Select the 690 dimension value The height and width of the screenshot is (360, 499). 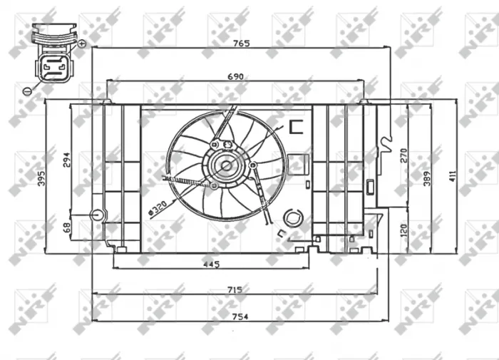236,76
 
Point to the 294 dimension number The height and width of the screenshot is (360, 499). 67,160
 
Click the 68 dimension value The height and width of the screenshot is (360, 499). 67,228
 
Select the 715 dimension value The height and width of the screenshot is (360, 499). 235,289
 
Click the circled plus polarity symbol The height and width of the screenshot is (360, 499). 82,43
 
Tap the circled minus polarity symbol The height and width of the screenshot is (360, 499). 26,91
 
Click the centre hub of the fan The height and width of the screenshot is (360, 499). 226,167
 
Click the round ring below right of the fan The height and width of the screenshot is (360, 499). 292,217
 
